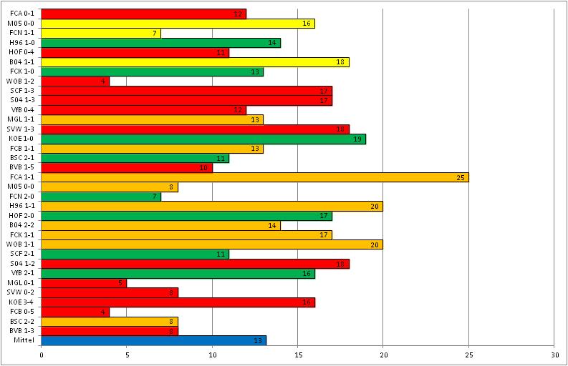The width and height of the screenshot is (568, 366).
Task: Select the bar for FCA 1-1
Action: [254, 177]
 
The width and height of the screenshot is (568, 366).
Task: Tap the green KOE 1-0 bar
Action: [203, 139]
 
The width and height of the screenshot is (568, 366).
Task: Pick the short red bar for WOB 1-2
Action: [75, 81]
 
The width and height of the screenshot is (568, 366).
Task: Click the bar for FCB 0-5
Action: [75, 312]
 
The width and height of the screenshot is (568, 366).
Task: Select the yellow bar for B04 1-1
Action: [195, 61]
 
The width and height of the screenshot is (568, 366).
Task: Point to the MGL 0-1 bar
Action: [84, 282]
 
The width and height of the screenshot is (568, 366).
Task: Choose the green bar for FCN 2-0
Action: [101, 196]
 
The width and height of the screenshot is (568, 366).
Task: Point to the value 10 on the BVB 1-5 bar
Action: [204, 167]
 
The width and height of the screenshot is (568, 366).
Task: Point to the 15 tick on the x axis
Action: [298, 355]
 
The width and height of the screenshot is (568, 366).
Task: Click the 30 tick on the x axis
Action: [554, 355]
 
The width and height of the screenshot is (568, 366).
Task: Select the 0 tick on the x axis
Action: [42, 355]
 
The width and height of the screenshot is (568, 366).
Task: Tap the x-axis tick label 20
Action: [383, 355]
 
